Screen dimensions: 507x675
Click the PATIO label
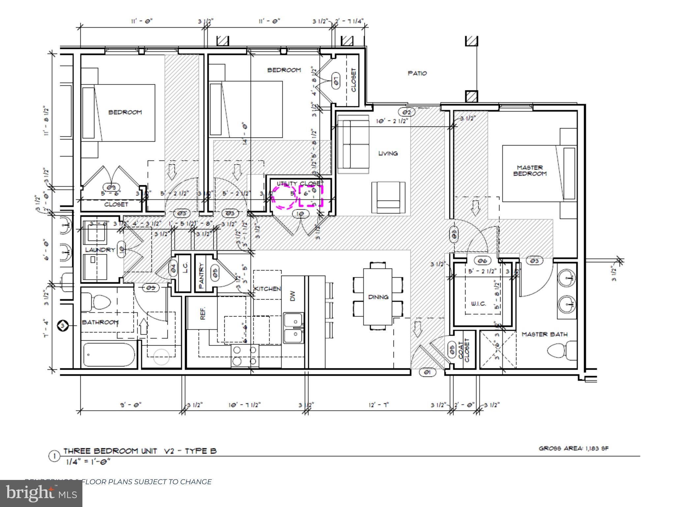[x=417, y=73]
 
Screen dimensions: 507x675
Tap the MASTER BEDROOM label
[x=530, y=171]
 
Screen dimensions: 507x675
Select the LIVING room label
[x=388, y=153]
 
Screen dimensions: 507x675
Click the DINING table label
[x=378, y=297]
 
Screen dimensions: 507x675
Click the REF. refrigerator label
[x=202, y=313]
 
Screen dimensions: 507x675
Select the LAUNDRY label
[x=100, y=250]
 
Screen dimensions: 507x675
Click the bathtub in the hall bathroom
[x=109, y=355]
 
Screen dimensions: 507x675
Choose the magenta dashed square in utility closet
[x=311, y=196]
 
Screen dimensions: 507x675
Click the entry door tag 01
[x=427, y=372]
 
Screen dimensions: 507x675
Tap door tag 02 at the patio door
[x=407, y=112]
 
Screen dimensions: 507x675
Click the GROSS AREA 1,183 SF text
[x=573, y=448]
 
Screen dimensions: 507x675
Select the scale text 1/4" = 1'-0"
[x=88, y=461]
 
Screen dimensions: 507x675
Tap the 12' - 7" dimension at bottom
[x=378, y=405]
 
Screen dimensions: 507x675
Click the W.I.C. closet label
[x=478, y=304]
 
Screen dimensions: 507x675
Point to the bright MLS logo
[x=41, y=493]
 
